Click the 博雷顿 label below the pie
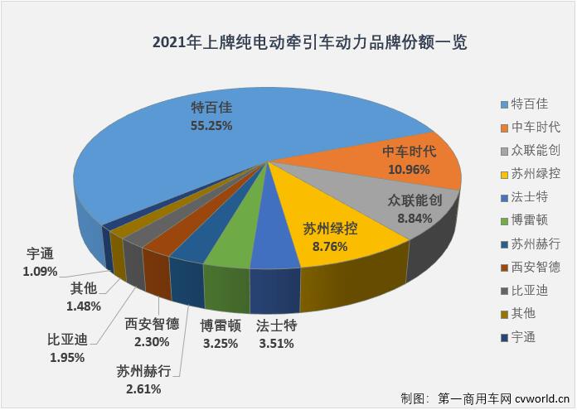(221, 325)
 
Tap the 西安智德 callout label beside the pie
(152, 323)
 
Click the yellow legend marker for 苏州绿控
(506, 173)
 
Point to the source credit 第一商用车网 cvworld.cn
(484, 398)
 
